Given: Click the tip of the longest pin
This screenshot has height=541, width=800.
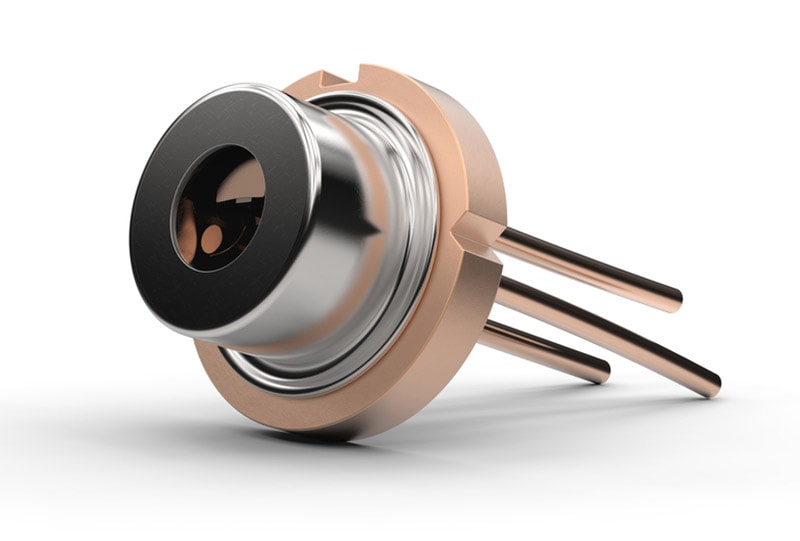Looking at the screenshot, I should pos(711,385).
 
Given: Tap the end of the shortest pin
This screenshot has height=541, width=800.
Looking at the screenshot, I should pos(602,371).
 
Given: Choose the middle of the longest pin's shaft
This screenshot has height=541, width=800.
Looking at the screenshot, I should pos(610,335).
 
